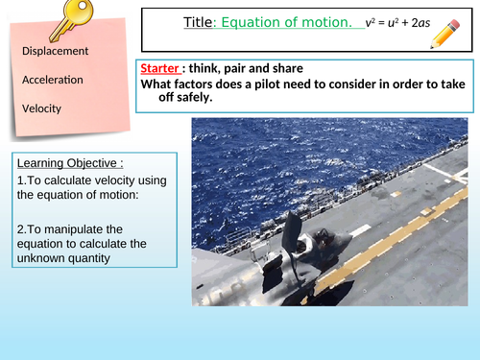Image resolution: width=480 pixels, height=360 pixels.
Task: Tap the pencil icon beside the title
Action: [x=446, y=33]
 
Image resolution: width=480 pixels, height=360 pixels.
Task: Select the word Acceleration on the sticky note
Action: [x=54, y=79]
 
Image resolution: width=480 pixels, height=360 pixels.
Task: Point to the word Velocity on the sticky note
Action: [x=42, y=108]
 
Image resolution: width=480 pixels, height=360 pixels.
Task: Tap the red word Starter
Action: [x=157, y=69]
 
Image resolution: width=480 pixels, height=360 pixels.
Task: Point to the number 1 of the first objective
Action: [x=20, y=180]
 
